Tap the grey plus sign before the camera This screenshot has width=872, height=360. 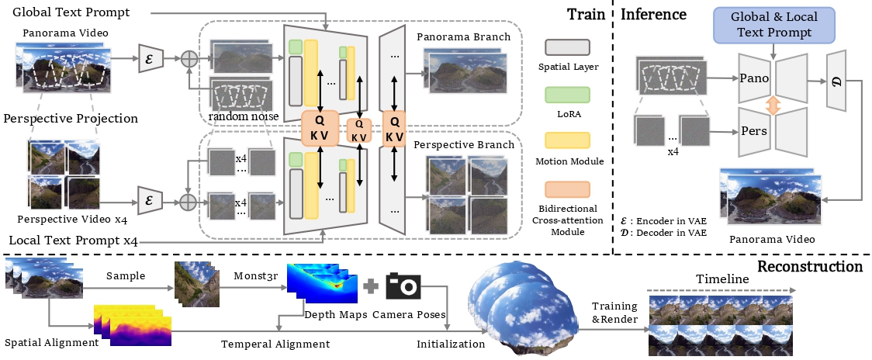point(371,286)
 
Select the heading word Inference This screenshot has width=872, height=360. point(654,14)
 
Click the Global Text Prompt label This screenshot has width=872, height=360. point(71,12)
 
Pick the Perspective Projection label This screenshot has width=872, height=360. point(71,119)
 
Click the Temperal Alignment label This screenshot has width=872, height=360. point(275,343)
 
